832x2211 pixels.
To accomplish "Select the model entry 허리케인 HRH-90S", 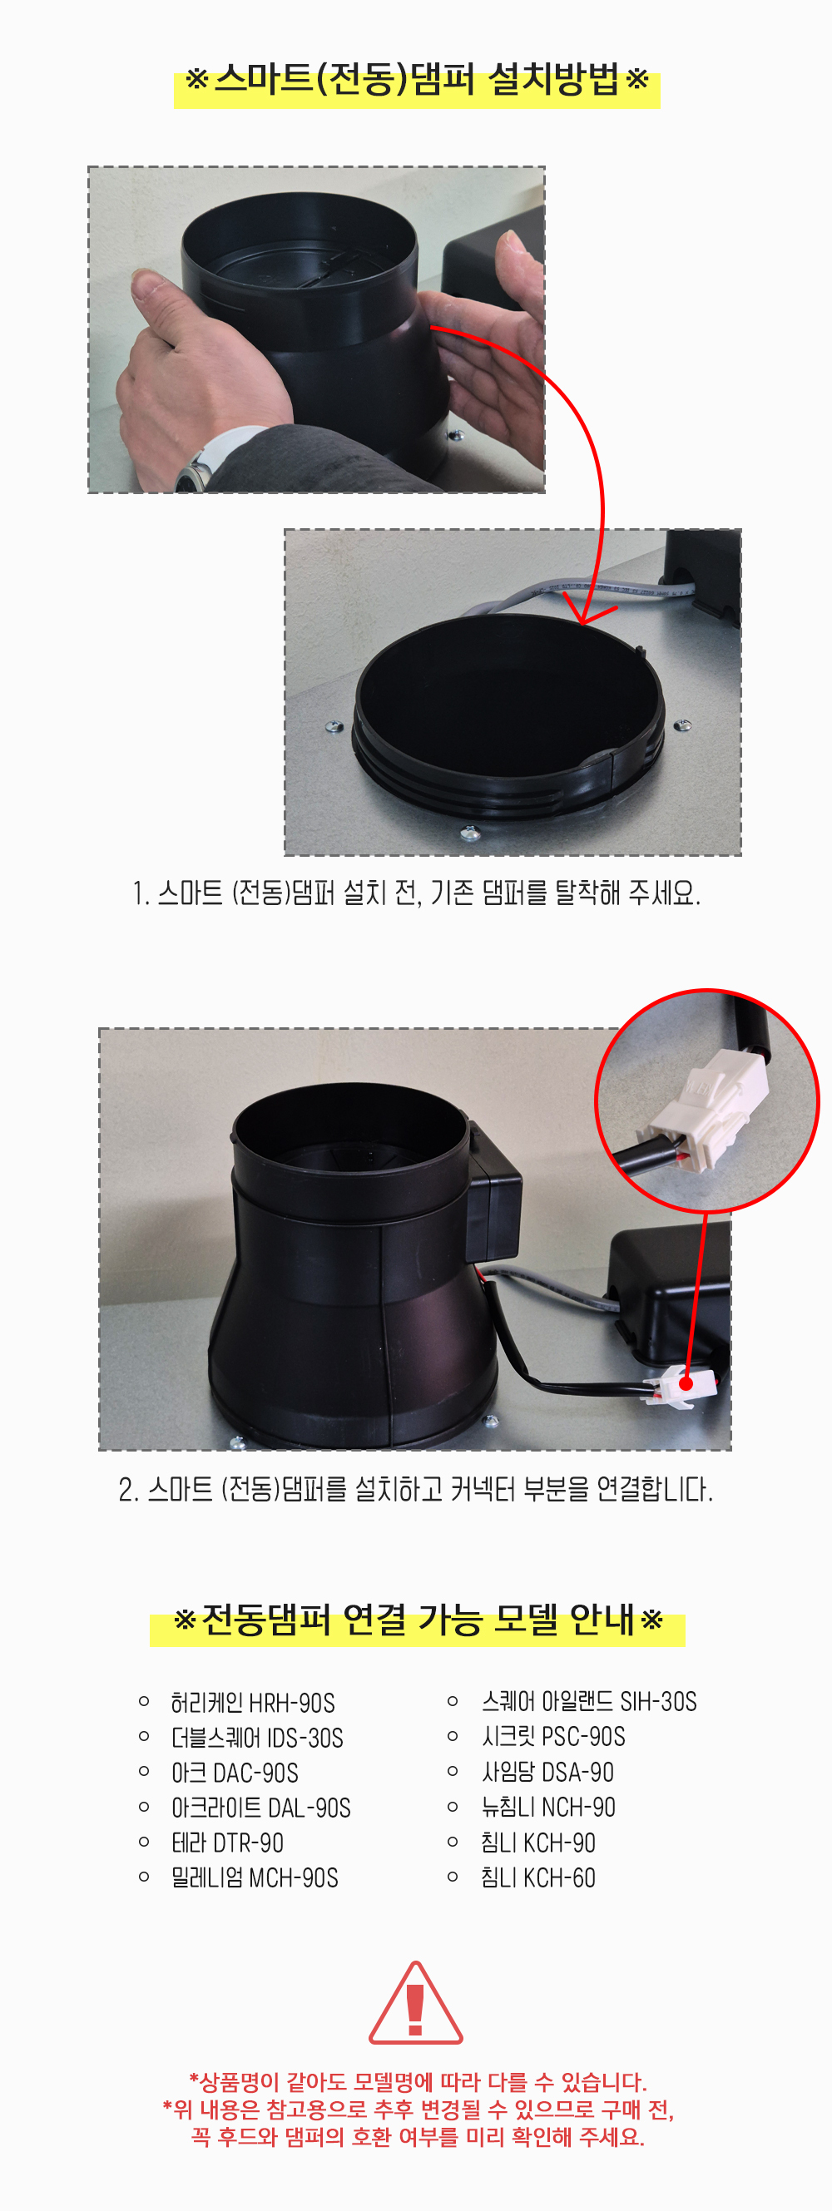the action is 252,1702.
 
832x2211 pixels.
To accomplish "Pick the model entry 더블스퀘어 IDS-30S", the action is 257,1737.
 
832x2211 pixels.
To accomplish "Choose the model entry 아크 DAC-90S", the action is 235,1773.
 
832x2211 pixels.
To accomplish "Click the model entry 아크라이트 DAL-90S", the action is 261,1808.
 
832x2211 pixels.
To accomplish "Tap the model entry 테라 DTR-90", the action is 227,1842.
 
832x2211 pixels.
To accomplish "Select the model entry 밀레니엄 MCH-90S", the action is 254,1878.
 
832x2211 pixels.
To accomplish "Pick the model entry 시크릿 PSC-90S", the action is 553,1736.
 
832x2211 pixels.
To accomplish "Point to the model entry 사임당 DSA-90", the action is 547,1772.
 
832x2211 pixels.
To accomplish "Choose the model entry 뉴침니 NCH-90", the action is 547,1807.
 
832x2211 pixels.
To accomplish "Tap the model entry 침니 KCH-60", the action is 538,1877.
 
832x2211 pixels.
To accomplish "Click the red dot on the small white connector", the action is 686,1383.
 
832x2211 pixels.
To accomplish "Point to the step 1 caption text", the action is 417,893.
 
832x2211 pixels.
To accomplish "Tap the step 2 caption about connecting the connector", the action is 415,1489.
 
